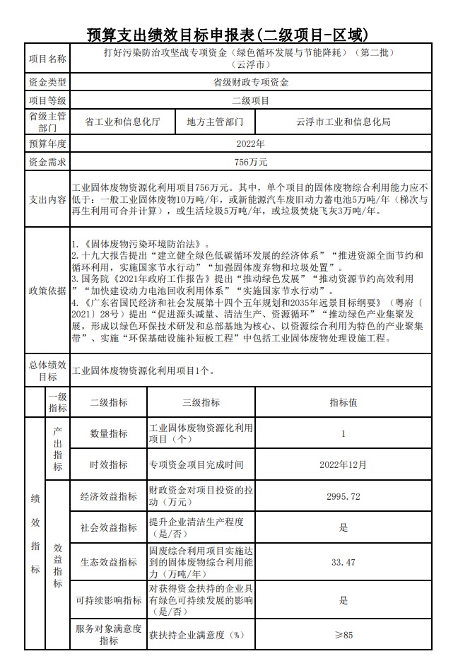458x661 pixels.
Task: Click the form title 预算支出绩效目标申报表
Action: pos(228,33)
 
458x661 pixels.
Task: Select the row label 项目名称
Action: pos(47,59)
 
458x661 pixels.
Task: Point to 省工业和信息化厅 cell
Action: pos(122,122)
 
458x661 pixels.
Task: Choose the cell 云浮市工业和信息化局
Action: pos(343,122)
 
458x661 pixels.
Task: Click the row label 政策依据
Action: pos(47,291)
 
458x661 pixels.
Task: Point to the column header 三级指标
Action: pos(201,402)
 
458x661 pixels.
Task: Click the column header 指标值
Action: pos(343,402)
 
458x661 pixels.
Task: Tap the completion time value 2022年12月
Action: pos(343,464)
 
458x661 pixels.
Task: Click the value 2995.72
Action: pos(343,496)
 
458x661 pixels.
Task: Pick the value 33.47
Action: pos(343,562)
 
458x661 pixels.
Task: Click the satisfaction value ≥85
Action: pos(343,635)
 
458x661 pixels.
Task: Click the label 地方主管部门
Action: pos(215,122)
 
